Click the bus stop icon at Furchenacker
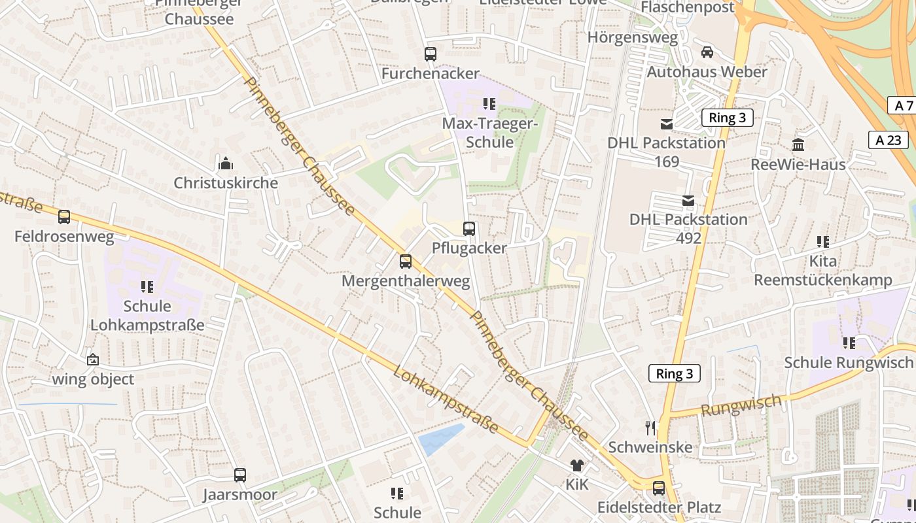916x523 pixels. tap(431, 54)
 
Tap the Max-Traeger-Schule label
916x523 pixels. tap(489, 132)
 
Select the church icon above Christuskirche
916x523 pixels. tap(226, 163)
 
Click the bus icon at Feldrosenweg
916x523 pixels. tap(64, 217)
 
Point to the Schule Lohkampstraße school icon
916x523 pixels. tap(147, 286)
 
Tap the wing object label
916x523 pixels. tap(93, 379)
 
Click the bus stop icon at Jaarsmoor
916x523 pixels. tap(240, 475)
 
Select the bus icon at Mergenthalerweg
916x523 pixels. tap(406, 261)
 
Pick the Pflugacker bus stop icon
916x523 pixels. tap(469, 229)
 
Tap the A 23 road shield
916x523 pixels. tap(889, 140)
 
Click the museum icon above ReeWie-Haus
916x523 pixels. tap(798, 144)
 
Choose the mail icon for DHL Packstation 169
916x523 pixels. tap(667, 124)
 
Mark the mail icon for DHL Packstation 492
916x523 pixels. tap(688, 200)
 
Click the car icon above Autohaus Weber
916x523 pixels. tap(707, 52)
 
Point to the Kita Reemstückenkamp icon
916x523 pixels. tap(823, 242)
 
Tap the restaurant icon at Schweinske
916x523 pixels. tap(650, 428)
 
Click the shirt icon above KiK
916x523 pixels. tap(577, 465)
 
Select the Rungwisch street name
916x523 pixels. tap(741, 405)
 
